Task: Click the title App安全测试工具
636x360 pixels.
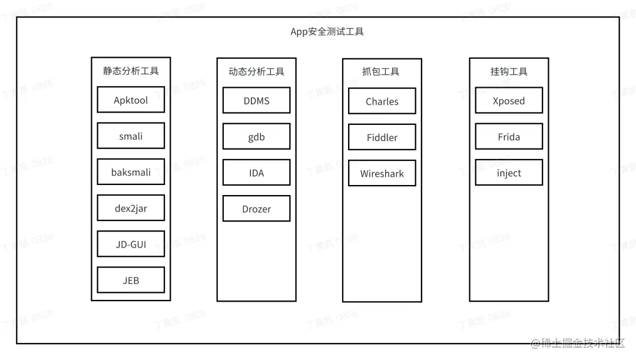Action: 327,32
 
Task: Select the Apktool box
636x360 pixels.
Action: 131,100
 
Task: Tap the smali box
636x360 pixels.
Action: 131,136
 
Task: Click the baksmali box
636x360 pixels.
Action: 131,172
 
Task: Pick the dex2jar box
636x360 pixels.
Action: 131,208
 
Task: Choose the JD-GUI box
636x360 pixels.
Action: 131,244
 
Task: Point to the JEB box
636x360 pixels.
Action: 131,280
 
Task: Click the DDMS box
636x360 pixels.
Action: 256,101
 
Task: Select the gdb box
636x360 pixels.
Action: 256,137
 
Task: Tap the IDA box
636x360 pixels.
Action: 256,173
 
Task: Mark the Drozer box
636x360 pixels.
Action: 256,209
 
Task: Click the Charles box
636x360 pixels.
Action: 382,101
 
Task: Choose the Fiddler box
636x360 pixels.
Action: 382,137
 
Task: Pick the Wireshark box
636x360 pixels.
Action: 382,174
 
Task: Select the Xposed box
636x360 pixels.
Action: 509,101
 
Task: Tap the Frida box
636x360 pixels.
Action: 509,137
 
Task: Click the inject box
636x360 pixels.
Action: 509,173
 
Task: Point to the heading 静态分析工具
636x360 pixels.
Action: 131,71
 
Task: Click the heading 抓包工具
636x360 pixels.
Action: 381,72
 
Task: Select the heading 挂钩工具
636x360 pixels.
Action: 509,72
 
